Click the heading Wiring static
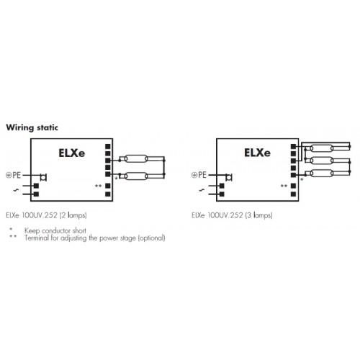(x=32, y=127)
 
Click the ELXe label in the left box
(x=71, y=153)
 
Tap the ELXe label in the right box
(x=257, y=153)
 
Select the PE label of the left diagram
(x=17, y=175)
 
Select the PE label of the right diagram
(x=202, y=175)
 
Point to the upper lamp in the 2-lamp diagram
(x=136, y=158)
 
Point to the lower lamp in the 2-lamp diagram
(x=136, y=176)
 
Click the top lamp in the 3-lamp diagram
(x=322, y=148)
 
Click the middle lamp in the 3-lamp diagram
(x=322, y=161)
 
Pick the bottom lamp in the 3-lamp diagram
(x=322, y=173)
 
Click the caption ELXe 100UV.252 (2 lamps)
(x=46, y=215)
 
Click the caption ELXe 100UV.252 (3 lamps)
(x=232, y=215)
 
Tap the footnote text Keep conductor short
(x=55, y=230)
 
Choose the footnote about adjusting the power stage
(x=95, y=238)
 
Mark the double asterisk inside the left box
(x=98, y=186)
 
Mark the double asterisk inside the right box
(x=284, y=186)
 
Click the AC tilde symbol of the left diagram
(x=16, y=190)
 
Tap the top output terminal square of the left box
(x=108, y=146)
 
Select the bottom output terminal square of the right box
(x=293, y=194)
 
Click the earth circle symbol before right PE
(x=194, y=175)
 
